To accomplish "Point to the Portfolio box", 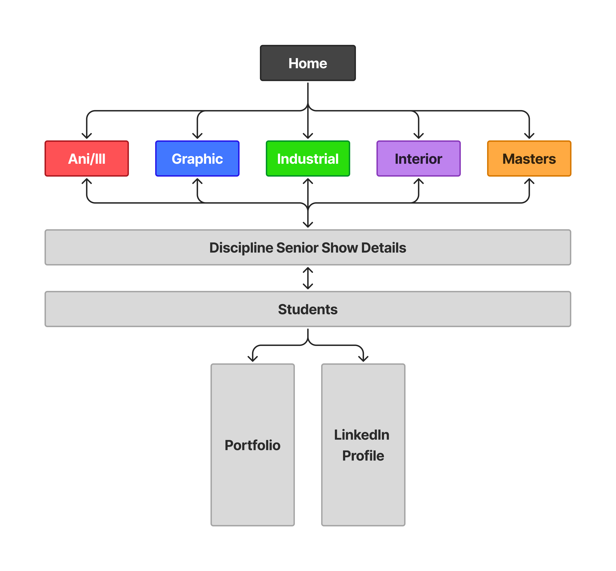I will point(252,445).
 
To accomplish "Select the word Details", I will point(384,248).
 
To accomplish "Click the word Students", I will point(308,309).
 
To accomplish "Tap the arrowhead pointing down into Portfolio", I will point(252,359).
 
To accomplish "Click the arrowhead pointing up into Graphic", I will point(197,181).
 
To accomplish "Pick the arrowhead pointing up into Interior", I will point(419,181).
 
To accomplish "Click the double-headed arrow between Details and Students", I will point(308,278).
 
